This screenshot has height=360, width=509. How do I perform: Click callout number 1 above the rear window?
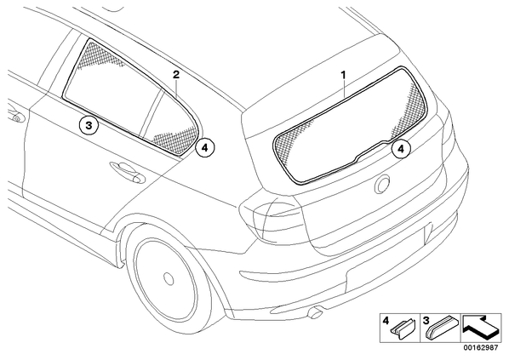pyautogui.click(x=343, y=75)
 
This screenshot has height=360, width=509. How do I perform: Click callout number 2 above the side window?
pyautogui.click(x=176, y=75)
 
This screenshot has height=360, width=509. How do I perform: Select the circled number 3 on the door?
pyautogui.click(x=89, y=125)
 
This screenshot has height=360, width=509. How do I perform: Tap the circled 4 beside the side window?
pyautogui.click(x=205, y=148)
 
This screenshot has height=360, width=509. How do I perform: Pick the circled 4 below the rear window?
pyautogui.click(x=401, y=149)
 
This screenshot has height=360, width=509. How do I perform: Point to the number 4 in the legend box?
pyautogui.click(x=386, y=321)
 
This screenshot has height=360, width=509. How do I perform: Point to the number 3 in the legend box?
pyautogui.click(x=426, y=321)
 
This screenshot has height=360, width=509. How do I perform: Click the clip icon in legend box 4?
pyautogui.click(x=404, y=329)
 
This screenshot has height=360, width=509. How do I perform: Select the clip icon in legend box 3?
pyautogui.click(x=442, y=327)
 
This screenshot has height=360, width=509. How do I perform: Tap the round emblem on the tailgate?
pyautogui.click(x=382, y=184)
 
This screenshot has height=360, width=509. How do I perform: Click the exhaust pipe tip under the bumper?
pyautogui.click(x=314, y=313)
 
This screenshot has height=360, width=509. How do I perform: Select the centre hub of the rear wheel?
pyautogui.click(x=169, y=279)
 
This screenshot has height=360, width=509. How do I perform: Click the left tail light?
pyautogui.click(x=272, y=217)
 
